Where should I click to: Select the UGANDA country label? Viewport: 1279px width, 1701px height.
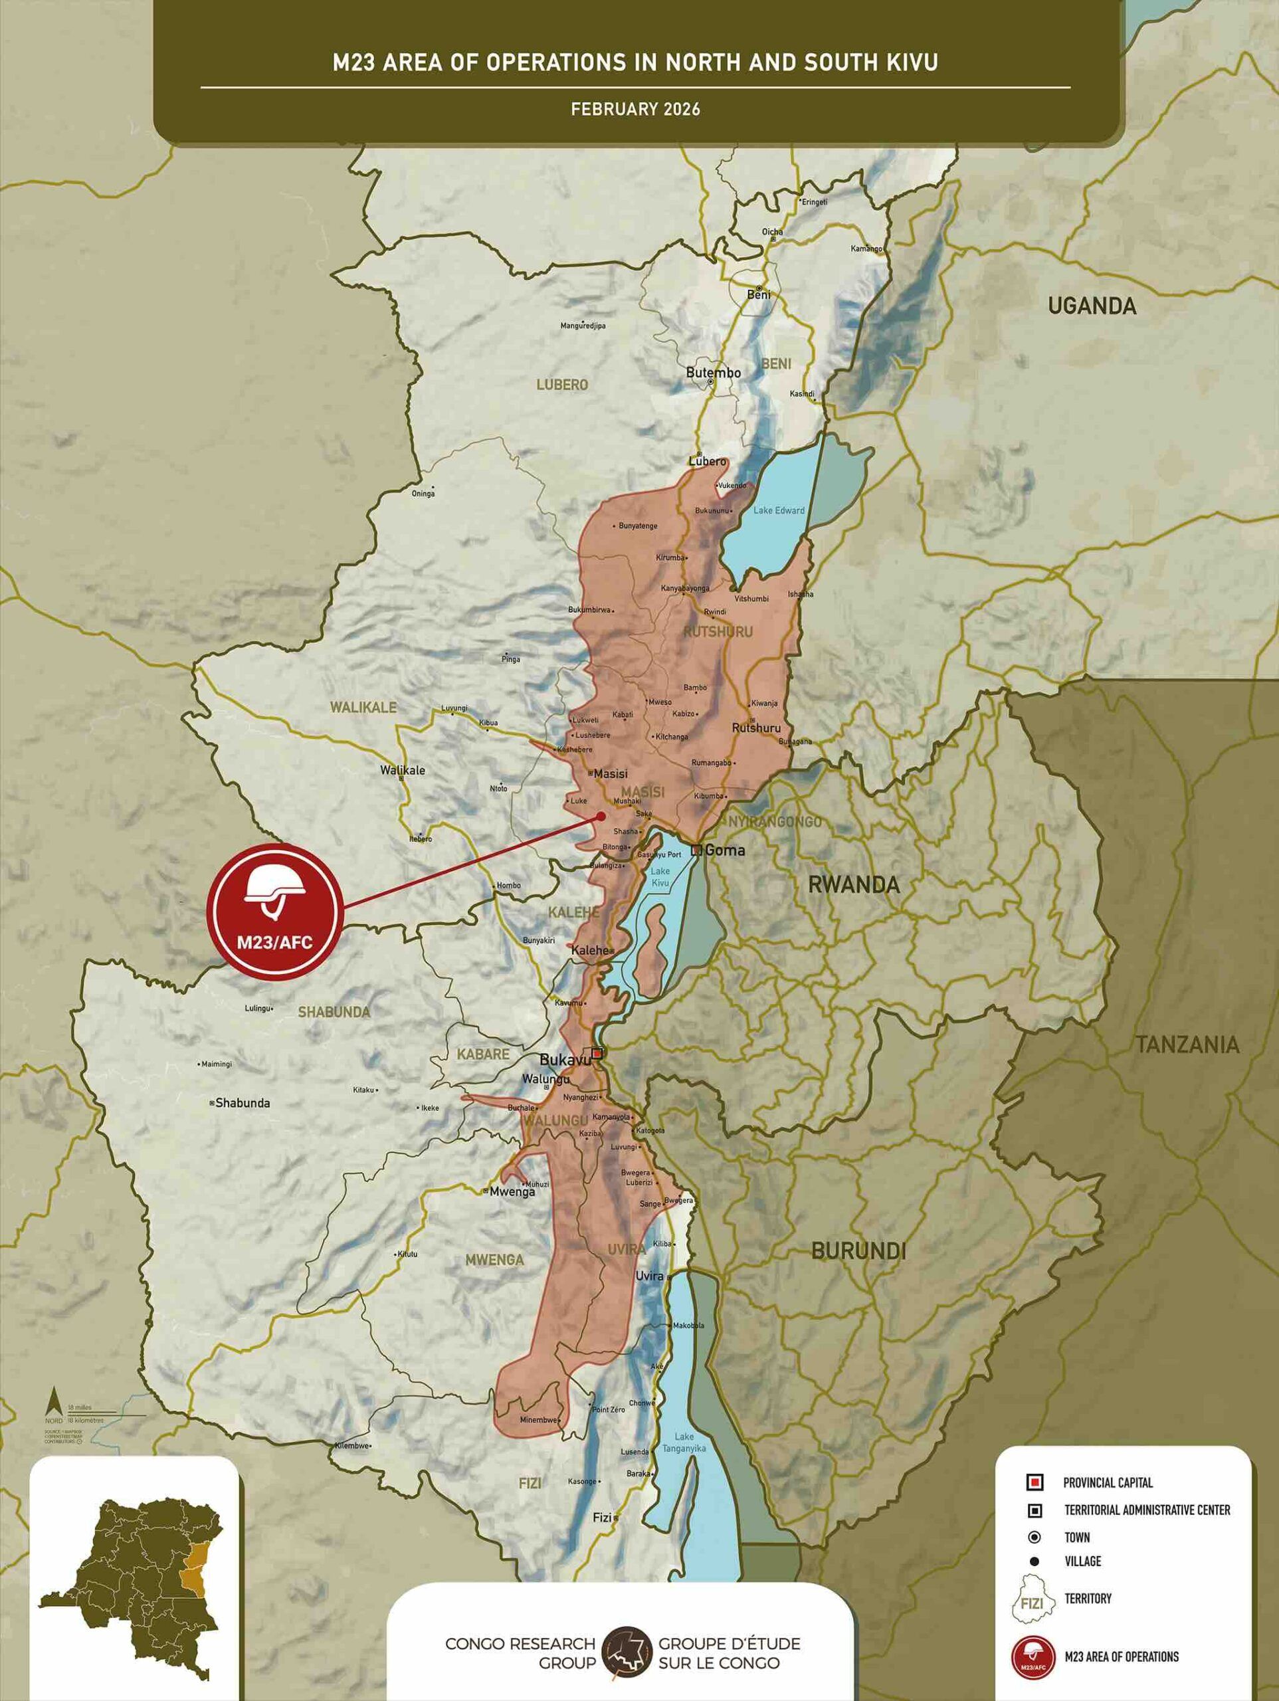1092,306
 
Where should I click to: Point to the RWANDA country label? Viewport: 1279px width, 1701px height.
854,885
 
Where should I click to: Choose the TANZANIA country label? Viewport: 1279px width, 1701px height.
1187,1045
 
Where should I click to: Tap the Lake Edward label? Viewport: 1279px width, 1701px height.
779,510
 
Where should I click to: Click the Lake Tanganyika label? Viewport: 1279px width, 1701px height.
684,1443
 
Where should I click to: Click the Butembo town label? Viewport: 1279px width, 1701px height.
713,373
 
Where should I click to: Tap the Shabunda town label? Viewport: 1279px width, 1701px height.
243,1103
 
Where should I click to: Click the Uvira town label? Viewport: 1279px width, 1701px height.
649,1276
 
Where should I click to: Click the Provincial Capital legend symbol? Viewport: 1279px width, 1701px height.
1035,1482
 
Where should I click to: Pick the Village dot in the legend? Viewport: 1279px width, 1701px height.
1034,1561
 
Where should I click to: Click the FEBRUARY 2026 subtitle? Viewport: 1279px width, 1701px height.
635,109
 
